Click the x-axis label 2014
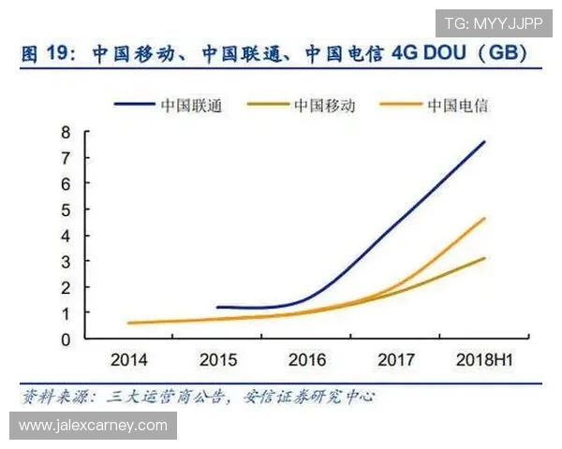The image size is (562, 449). [x=128, y=358]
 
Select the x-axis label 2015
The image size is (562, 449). [x=217, y=358]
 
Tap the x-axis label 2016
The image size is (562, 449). [x=306, y=358]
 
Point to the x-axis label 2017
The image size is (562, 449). [x=395, y=358]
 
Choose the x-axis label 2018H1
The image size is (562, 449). [x=483, y=358]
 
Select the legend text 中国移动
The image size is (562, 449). [x=325, y=105]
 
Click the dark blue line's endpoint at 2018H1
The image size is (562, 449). [x=485, y=141]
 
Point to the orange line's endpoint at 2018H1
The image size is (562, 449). [x=485, y=218]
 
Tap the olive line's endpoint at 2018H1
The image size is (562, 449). [x=485, y=257]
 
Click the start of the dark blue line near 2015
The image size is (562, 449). [x=216, y=307]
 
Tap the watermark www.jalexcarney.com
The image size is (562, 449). [x=93, y=426]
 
